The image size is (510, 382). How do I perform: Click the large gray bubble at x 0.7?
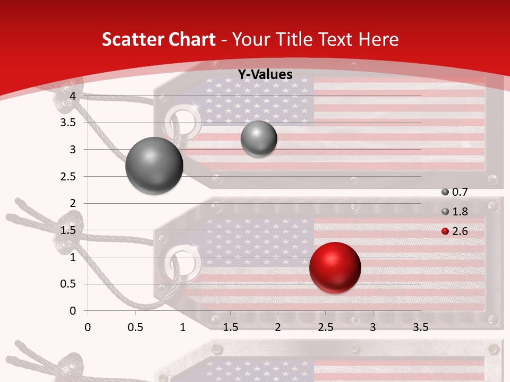point(154,166)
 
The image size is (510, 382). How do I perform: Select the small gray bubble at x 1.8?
point(259,138)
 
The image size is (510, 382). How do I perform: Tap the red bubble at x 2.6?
point(335,267)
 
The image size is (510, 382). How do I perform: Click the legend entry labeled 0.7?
point(454,192)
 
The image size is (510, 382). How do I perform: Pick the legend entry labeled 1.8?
point(454,212)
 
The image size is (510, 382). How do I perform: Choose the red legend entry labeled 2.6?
point(454,231)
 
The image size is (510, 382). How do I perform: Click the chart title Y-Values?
point(265,75)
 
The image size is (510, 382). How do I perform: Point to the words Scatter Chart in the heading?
point(158,39)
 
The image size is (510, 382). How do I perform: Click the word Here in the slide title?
point(378,39)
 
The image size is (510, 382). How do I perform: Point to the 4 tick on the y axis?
point(73,95)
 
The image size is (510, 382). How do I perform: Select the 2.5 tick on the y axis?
point(68,176)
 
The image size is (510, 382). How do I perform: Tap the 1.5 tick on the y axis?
point(68,230)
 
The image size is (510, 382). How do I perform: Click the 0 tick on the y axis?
point(73,310)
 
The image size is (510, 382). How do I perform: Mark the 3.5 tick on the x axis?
point(420,327)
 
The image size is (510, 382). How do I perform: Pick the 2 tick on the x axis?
point(278,327)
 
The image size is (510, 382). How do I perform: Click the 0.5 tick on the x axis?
point(135,327)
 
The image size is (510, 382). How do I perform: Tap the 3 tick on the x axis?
point(373,327)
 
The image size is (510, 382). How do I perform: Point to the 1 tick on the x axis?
point(183,327)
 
